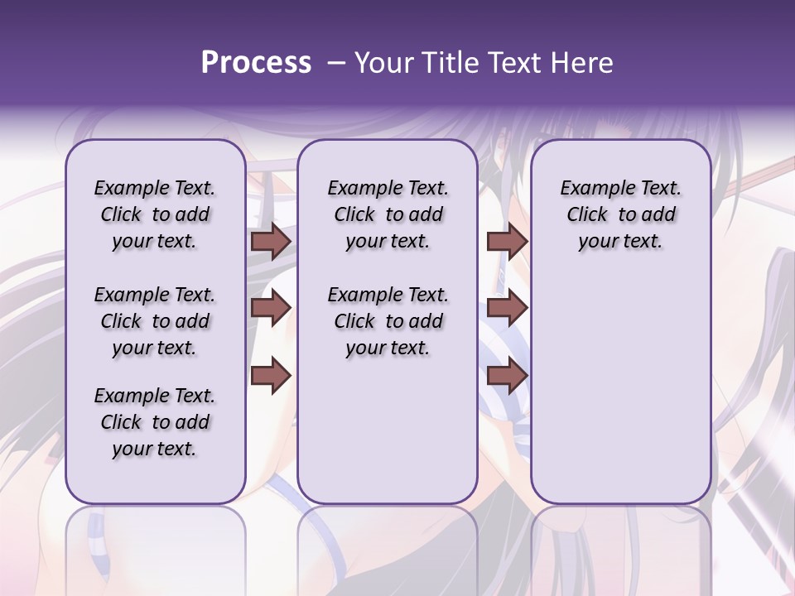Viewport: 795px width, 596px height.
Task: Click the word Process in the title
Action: (256, 62)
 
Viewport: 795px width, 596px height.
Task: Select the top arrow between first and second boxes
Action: (271, 242)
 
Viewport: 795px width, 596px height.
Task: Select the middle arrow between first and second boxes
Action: (271, 309)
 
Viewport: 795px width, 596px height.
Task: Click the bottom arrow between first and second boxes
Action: (271, 377)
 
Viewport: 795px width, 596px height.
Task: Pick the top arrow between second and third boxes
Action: (508, 242)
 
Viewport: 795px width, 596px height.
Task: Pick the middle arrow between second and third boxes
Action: (508, 309)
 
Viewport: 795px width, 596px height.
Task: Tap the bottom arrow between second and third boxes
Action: (508, 377)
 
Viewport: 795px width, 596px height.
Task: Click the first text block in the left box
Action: (155, 214)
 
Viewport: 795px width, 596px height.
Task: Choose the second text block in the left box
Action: (155, 321)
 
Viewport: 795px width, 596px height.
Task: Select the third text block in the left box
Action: (155, 422)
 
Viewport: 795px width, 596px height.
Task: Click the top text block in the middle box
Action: (388, 214)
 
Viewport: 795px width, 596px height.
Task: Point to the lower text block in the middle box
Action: (388, 321)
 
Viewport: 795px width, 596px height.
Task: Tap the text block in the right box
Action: (620, 214)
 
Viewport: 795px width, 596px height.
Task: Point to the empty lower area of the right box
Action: (620, 389)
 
